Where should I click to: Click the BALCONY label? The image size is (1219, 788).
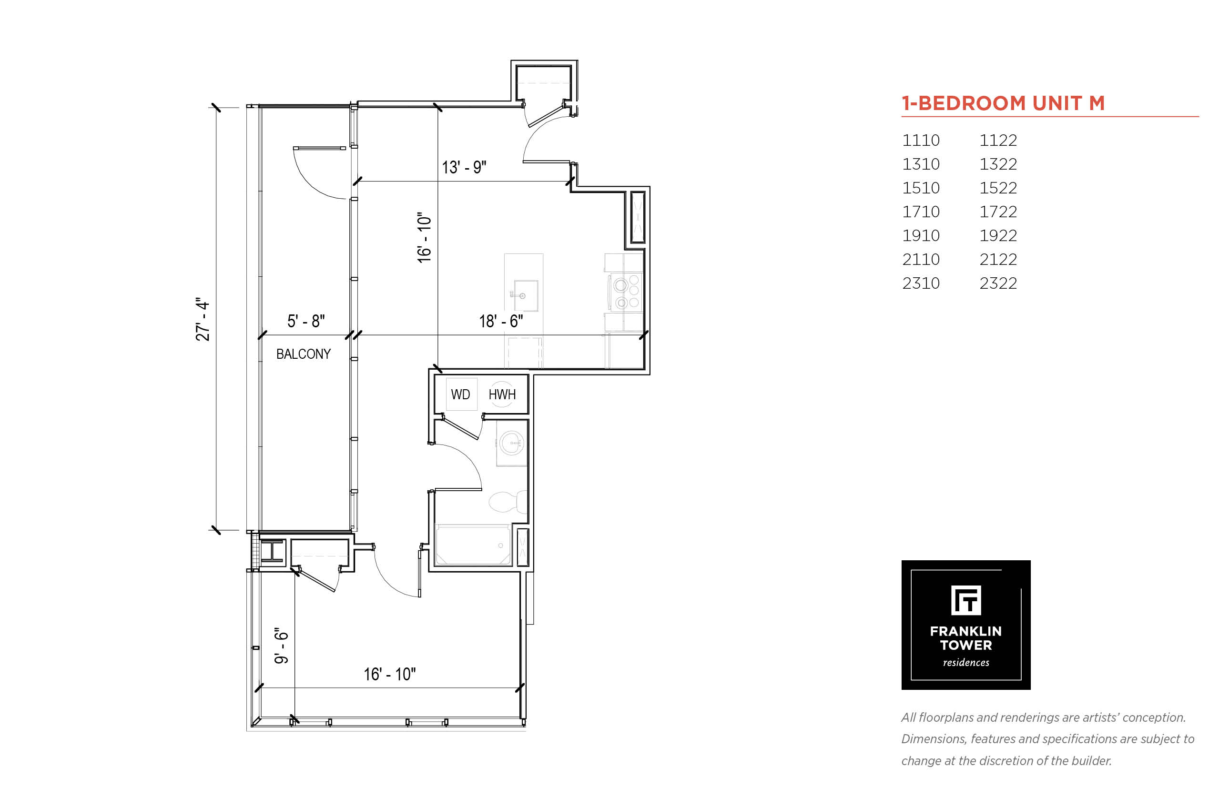[303, 354]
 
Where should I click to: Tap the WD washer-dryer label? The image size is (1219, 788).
[460, 394]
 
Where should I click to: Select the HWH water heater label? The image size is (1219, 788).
[501, 394]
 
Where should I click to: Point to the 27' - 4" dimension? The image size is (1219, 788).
[203, 319]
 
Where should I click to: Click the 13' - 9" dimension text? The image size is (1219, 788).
[464, 167]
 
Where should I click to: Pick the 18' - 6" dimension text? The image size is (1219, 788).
[500, 321]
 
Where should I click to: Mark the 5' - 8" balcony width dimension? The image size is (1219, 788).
[305, 321]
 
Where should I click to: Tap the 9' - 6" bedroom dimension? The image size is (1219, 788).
[282, 645]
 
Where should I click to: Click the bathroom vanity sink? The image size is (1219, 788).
[512, 443]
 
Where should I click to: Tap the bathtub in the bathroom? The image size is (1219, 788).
[472, 545]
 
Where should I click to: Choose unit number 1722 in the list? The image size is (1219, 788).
[998, 212]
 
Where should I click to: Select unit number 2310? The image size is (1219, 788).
[921, 283]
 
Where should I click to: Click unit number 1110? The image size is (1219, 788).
[921, 140]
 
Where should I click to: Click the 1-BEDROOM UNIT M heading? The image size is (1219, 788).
[1003, 103]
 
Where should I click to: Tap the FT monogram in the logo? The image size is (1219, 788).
[965, 600]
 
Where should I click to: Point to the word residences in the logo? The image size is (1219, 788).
[965, 662]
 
